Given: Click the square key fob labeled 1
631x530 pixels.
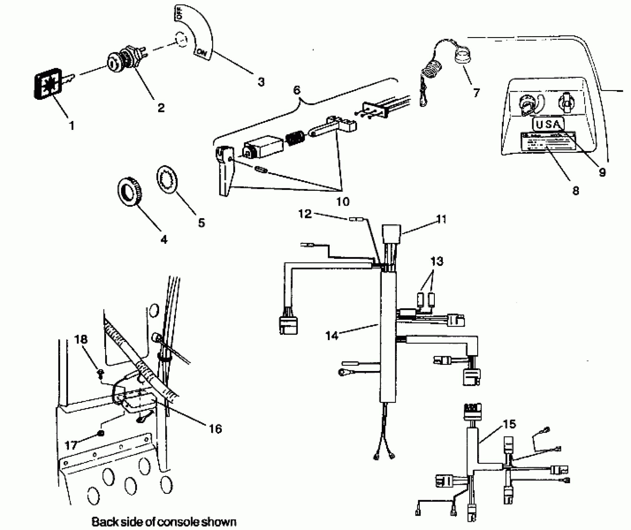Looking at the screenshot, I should click(x=47, y=84).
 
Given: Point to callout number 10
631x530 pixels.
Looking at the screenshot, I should click(x=342, y=202).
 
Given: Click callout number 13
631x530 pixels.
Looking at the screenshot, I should click(x=436, y=261).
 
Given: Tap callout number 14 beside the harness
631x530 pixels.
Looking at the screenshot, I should click(x=332, y=335).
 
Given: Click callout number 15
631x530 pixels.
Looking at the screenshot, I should click(x=509, y=424).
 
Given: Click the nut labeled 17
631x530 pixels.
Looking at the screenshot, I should click(x=101, y=433).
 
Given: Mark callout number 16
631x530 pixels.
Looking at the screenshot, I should click(x=215, y=429).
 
